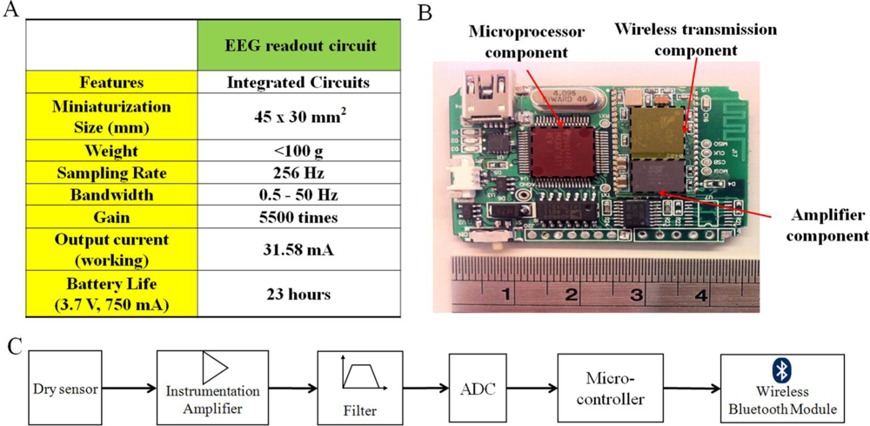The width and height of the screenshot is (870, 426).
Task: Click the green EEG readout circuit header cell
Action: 300,45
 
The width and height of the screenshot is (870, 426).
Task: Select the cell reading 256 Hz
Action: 300,172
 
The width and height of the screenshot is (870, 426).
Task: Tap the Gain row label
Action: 111,216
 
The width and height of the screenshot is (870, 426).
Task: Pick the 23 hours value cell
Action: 300,294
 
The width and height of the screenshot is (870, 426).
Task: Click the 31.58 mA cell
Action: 300,249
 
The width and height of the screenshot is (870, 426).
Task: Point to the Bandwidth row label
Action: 111,194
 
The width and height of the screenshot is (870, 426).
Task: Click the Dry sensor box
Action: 65,386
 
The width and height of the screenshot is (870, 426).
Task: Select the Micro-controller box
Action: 609,386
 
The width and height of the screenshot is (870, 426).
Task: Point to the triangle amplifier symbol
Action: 215,367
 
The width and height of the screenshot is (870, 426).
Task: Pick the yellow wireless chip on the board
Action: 657,132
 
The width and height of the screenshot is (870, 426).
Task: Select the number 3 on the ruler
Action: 636,295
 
